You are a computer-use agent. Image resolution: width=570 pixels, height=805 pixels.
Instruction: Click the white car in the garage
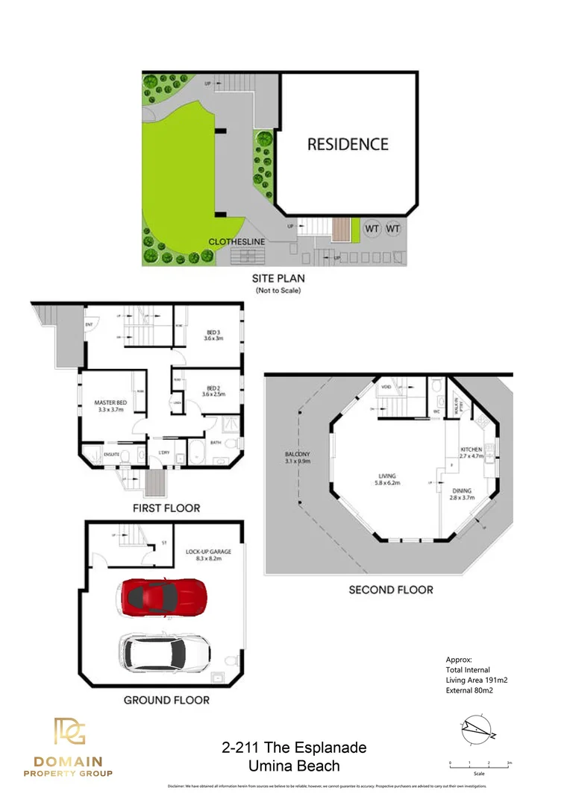click(163, 652)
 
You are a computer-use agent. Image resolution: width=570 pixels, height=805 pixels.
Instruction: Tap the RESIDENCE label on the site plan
click(348, 144)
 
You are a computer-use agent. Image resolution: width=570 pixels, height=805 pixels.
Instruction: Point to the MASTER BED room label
click(110, 406)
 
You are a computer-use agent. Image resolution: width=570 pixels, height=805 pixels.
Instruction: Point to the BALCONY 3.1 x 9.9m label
click(297, 458)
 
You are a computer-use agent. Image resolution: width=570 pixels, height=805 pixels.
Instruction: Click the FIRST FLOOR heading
click(166, 508)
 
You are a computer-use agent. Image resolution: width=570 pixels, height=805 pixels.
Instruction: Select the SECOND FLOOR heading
click(390, 590)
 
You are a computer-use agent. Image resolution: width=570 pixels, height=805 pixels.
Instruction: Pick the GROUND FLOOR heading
click(166, 700)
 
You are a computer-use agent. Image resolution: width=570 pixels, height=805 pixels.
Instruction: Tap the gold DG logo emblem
click(69, 731)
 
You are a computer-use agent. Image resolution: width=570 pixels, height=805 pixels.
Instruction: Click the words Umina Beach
click(294, 765)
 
